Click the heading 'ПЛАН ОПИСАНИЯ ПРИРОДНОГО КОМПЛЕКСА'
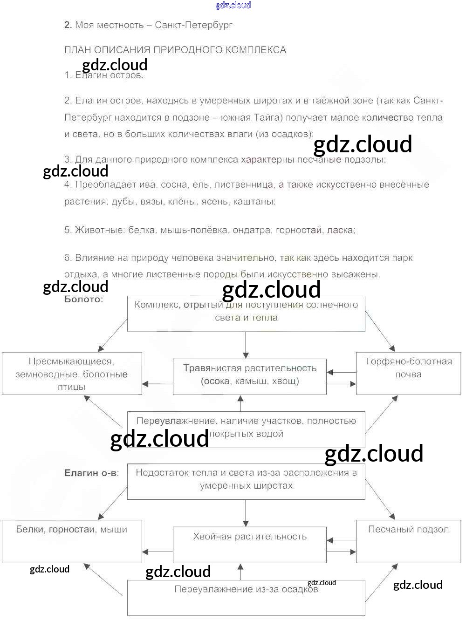(175, 50)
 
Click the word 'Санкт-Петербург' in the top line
(193, 25)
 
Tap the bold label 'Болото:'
(84, 299)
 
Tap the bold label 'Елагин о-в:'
(91, 473)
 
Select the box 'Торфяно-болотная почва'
(408, 373)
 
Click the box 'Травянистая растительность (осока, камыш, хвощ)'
(250, 376)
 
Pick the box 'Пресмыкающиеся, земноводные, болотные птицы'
(72, 374)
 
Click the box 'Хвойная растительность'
(250, 545)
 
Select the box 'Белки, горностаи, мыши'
(72, 541)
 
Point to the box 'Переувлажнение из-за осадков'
(246, 597)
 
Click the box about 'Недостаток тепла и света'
(246, 482)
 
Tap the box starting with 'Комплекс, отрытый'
(246, 313)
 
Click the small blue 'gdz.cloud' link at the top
(233, 5)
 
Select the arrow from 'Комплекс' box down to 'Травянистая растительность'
(246, 345)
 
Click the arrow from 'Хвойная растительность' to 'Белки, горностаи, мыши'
(158, 552)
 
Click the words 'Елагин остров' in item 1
(109, 75)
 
